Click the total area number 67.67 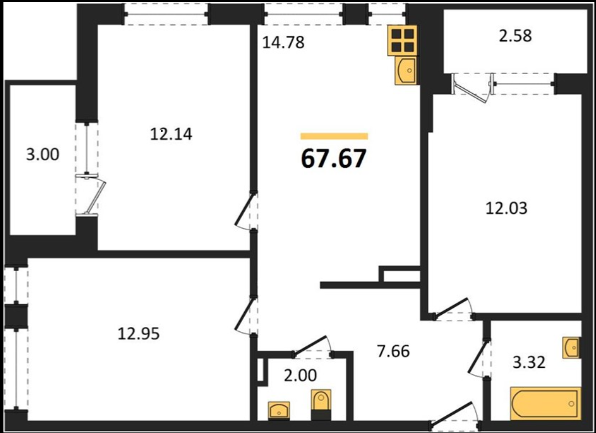334,159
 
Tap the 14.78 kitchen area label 283,43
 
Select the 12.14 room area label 171,134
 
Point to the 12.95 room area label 138,334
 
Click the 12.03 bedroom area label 507,208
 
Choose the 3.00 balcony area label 42,154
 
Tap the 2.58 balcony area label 516,35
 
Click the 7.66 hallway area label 394,351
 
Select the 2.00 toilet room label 300,375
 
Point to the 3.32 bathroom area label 529,362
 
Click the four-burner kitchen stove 402,40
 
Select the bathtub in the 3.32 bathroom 545,404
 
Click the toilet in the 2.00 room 321,404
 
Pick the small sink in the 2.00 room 279,411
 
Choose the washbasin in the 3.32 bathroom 572,348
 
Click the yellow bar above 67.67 334,136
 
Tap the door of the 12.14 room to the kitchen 244,210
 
